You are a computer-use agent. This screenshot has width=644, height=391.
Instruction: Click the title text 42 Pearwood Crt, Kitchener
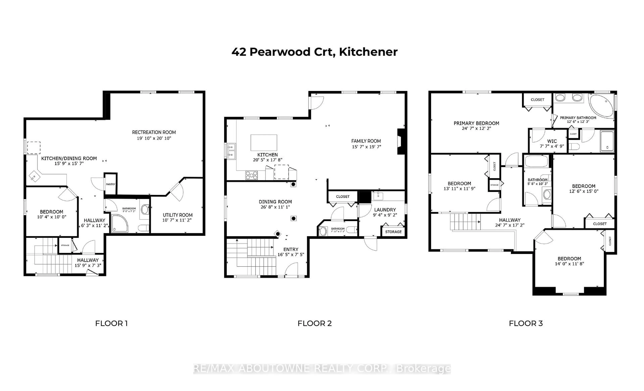[314, 52]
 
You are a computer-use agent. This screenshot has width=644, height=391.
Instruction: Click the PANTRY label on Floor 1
[111, 184]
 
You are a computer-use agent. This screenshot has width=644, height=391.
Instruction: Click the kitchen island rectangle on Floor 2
[264, 143]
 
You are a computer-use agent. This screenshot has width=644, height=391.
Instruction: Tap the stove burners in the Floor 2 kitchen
[251, 175]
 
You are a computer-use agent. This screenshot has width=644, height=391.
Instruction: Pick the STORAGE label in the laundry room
[393, 232]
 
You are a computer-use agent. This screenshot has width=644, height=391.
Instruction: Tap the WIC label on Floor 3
[552, 141]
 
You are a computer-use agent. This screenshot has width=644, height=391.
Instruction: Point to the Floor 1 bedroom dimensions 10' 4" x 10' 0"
[51, 217]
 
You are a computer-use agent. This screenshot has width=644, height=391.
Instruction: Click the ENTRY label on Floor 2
[291, 249]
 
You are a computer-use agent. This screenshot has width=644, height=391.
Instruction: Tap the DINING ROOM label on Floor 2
[275, 202]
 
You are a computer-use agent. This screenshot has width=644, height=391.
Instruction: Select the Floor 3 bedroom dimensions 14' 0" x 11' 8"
[569, 264]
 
